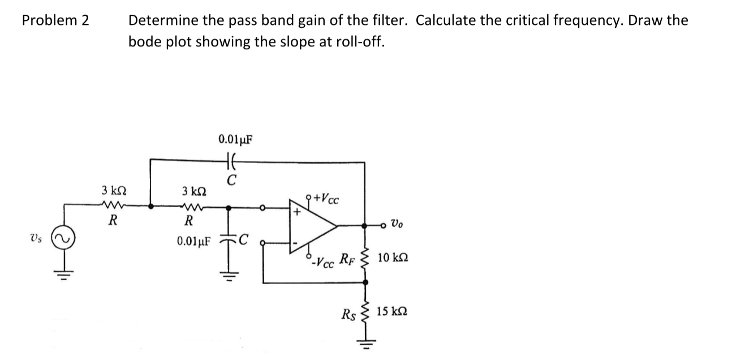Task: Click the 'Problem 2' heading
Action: pos(55,21)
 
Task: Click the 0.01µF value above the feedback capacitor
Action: pos(235,139)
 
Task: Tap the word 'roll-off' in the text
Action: pos(358,42)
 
